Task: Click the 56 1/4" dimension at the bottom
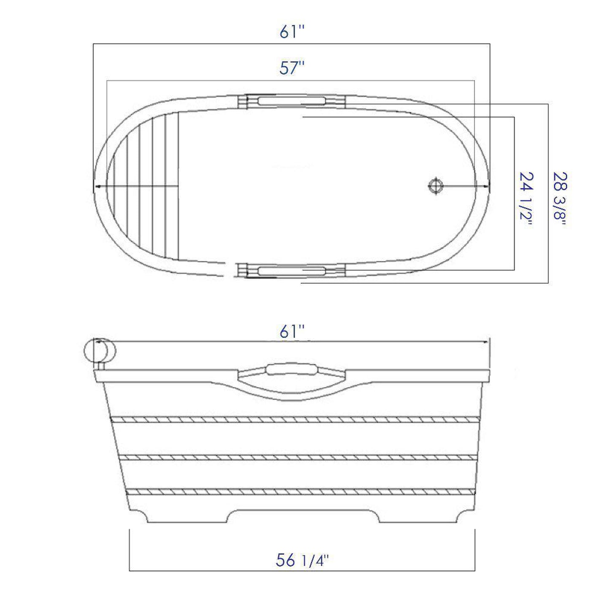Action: pos(302,561)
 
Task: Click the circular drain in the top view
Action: pos(435,186)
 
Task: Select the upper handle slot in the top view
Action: pos(292,100)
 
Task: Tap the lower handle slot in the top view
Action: pos(292,271)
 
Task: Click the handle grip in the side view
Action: pos(292,369)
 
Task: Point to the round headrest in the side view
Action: pos(100,350)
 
